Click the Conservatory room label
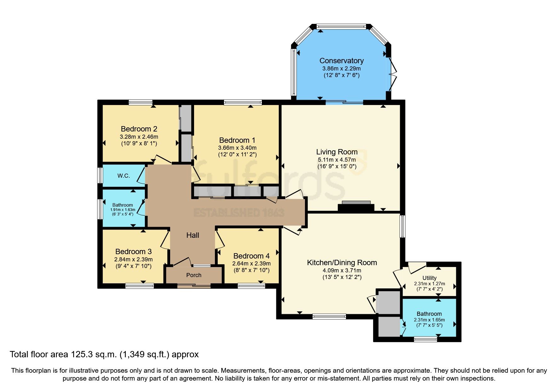tap(342, 61)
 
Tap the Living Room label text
tap(337, 152)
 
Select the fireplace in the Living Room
tap(356, 206)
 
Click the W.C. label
tap(124, 176)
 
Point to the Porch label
tap(194, 275)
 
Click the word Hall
tap(193, 235)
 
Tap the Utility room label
tap(429, 278)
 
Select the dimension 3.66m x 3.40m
tap(237, 148)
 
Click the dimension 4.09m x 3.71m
tap(342, 270)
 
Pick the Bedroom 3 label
tap(133, 252)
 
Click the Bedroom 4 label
tap(251, 256)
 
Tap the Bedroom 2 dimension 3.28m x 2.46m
tap(139, 137)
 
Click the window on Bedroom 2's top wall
tap(141, 102)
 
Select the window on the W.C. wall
tap(100, 175)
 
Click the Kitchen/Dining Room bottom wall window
tap(329, 316)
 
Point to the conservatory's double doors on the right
tap(392, 74)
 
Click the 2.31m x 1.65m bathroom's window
tap(425, 339)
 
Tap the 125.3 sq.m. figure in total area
tap(94, 354)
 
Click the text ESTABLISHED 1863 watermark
tap(239, 213)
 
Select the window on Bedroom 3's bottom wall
tap(140, 286)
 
